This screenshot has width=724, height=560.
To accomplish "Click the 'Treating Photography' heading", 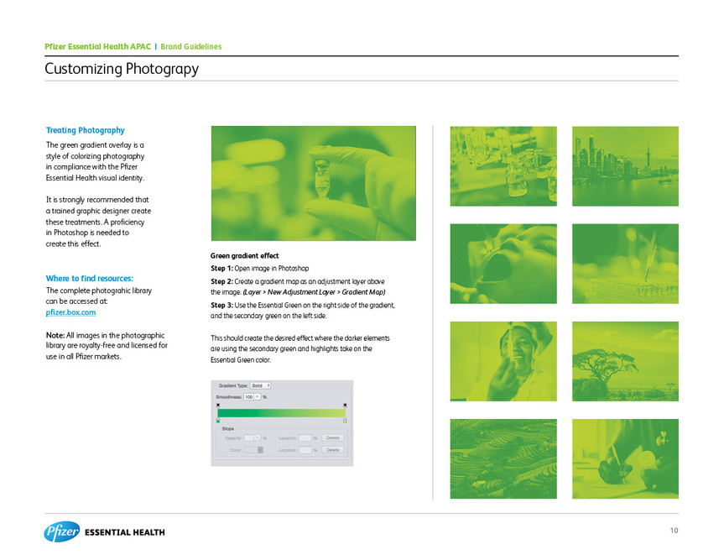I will (x=86, y=130).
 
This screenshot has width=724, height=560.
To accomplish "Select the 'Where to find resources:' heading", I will (x=90, y=278).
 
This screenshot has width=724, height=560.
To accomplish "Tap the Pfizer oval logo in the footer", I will (x=62, y=531).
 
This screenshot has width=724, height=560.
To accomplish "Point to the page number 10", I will (x=675, y=530).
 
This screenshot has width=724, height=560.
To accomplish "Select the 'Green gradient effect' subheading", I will (x=245, y=255).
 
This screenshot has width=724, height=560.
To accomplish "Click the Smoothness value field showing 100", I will (x=249, y=395).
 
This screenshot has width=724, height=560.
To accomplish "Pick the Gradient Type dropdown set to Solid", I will (x=259, y=385).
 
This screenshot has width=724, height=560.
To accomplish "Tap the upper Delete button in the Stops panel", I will (x=333, y=437).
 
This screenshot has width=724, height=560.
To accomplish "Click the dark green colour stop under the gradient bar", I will (x=218, y=420).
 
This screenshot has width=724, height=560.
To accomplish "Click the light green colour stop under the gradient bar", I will (x=345, y=420).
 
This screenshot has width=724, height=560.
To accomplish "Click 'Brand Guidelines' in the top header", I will (x=190, y=46).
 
